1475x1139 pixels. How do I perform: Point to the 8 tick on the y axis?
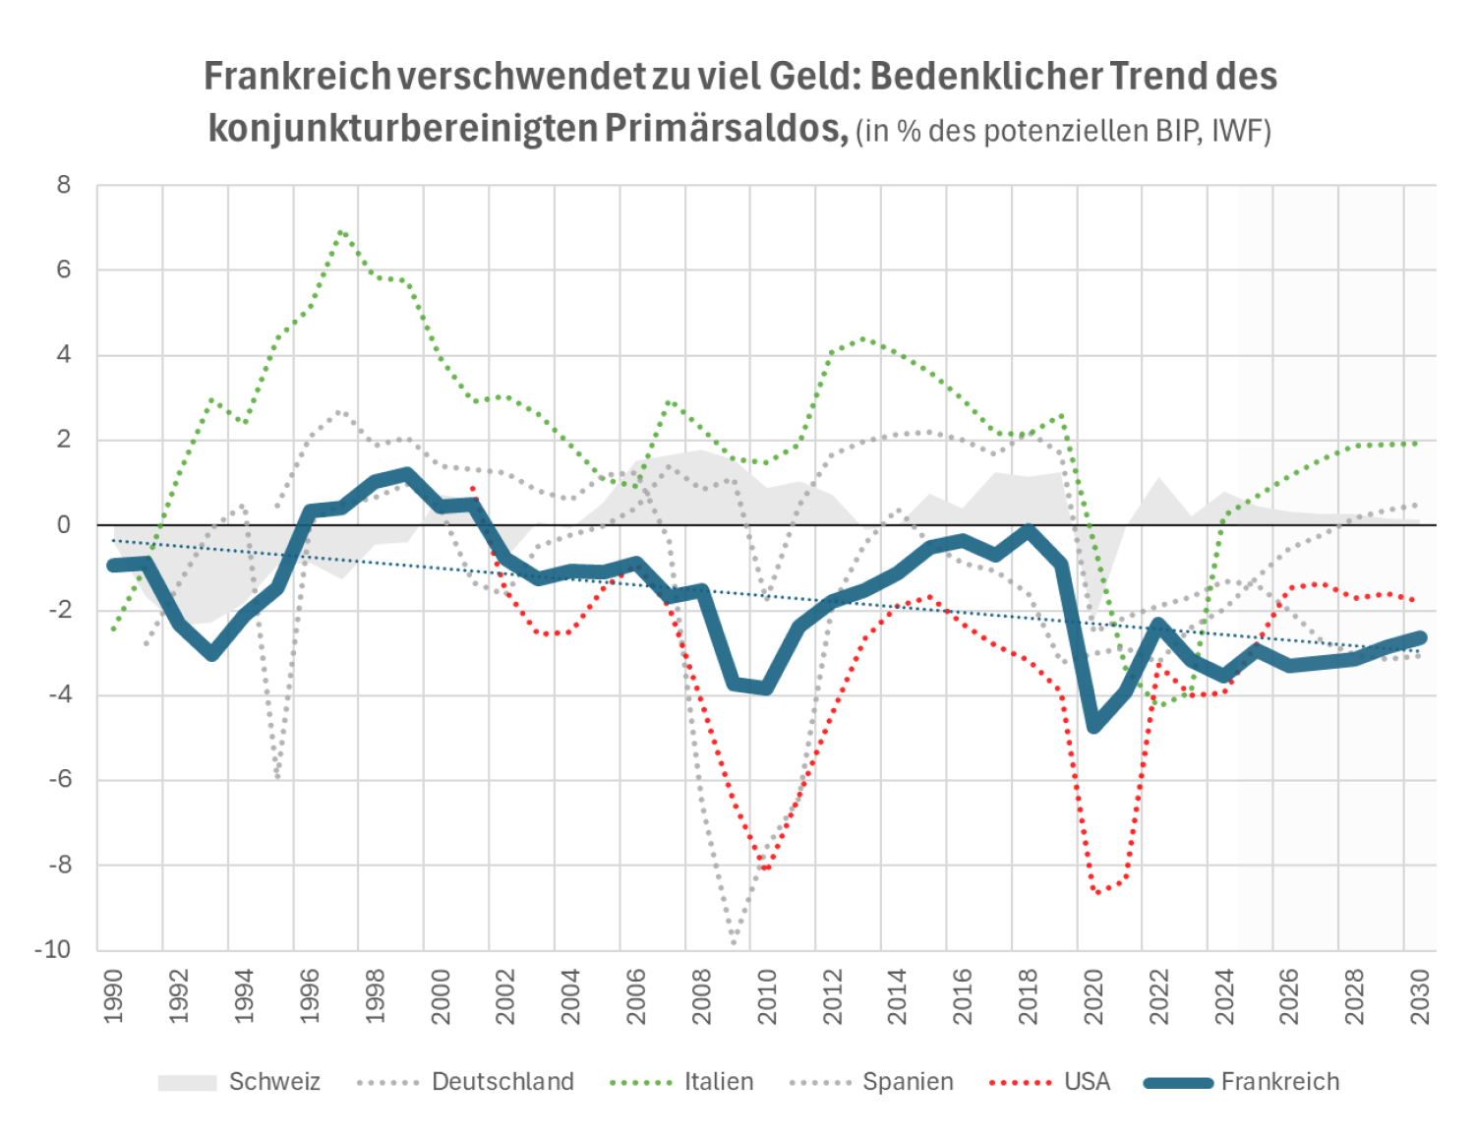64,185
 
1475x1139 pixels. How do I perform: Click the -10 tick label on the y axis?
53,950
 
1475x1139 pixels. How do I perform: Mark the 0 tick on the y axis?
64,525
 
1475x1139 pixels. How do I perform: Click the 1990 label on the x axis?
113,995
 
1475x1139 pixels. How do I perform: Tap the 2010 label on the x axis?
766,995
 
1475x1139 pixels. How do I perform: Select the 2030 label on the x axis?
1419,995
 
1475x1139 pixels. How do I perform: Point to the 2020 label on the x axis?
1092,995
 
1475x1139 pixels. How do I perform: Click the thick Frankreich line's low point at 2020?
1093,726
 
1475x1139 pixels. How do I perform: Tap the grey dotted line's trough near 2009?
734,942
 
